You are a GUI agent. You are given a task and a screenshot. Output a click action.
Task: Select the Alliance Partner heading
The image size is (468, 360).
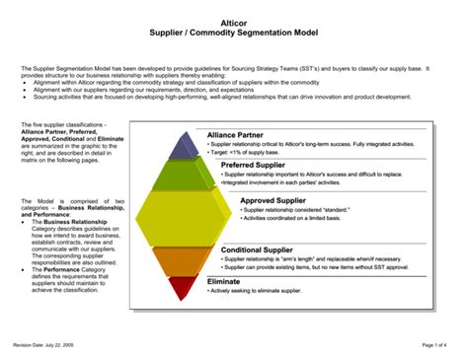click(x=236, y=134)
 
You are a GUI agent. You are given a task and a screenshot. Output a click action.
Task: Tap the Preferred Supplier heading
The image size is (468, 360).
click(x=241, y=165)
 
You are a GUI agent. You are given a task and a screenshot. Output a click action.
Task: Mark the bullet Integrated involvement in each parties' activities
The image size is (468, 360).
click(x=278, y=183)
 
